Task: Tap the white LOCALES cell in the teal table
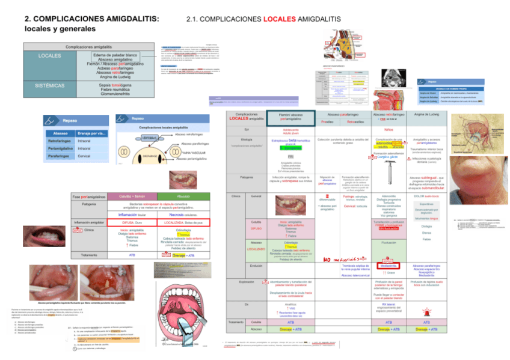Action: tap(48, 56)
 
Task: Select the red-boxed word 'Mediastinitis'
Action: tap(388, 265)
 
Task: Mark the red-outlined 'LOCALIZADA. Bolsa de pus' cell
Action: tap(183, 222)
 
